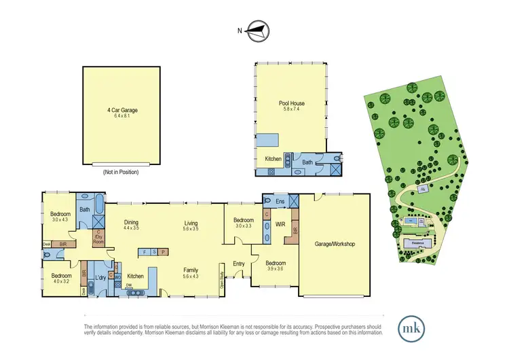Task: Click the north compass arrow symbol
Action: [x=257, y=29]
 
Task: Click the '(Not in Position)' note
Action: [x=122, y=172]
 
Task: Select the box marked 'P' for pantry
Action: [x=163, y=253]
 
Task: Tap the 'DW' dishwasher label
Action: [x=129, y=286]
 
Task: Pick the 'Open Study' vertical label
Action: [x=222, y=280]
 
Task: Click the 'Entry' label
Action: [x=238, y=264]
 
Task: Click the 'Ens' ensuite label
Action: [x=280, y=202]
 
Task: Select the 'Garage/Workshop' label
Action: [x=335, y=244]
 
